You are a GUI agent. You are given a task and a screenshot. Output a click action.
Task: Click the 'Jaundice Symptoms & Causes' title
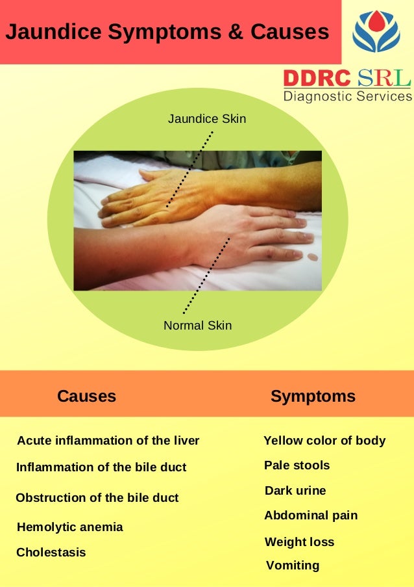pos(167,32)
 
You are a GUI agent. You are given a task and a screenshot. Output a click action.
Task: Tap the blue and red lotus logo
pos(376,31)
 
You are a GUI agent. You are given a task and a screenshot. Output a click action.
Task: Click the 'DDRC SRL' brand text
pos(347,79)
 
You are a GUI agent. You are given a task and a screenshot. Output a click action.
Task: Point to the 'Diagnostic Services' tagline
pos(348,96)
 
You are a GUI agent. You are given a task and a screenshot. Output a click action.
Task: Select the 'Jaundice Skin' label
pos(207,119)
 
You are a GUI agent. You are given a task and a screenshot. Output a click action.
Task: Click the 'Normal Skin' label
pos(198,325)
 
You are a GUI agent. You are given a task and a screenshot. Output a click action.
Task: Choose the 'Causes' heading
pos(86,396)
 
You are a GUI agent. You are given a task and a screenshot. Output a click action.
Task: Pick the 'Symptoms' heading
pos(313,396)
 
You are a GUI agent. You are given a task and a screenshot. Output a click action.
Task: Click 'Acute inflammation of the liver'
pos(108,441)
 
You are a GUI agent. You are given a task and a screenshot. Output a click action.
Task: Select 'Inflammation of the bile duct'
pos(101,467)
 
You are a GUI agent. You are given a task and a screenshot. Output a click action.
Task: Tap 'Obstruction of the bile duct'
pos(97,498)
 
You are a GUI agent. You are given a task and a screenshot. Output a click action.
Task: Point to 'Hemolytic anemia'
pos(69,527)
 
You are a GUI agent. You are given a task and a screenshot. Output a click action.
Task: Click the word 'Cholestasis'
pos(51,553)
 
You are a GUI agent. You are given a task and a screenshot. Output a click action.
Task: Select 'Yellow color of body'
pos(324,441)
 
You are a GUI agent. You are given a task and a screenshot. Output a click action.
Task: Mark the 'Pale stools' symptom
pos(297,465)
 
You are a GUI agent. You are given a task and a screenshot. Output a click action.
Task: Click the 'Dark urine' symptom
pos(295,491)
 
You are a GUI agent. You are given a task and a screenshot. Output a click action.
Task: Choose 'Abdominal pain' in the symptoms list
pos(311,515)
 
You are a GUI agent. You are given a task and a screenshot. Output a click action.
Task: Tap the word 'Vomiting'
pos(293,566)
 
